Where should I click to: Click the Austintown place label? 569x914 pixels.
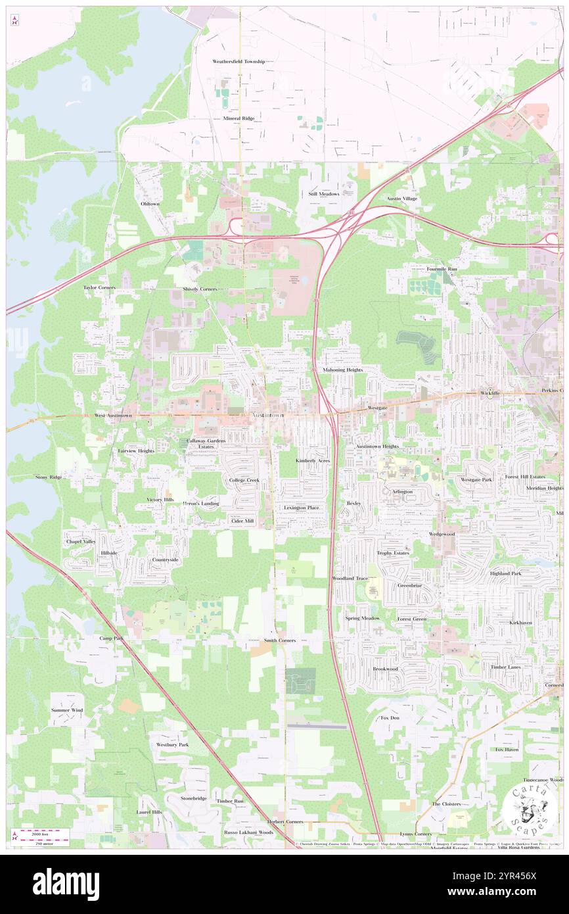pos(269,416)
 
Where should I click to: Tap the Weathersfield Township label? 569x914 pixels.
pos(239,61)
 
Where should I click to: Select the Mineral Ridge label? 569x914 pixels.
pos(239,118)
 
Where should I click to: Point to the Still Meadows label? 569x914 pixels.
pos(324,194)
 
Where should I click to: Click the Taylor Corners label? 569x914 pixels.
pos(99,288)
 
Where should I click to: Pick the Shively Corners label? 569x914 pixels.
pos(200,289)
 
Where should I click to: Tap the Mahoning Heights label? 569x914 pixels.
pos(342,370)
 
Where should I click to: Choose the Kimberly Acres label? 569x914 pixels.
pos(313,461)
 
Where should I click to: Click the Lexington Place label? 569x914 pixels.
pos(302,508)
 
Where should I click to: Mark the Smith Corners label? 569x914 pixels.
pos(280,640)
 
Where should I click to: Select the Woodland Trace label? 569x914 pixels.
pos(350,578)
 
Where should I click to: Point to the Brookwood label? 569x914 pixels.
pos(386,669)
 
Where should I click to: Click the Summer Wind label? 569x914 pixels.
pos(68,711)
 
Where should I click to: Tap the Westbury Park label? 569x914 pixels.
pos(172,745)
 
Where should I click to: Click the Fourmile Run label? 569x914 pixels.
pos(442,269)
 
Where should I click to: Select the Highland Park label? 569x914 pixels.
pos(505,573)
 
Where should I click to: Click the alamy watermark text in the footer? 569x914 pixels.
pos(66,884)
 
